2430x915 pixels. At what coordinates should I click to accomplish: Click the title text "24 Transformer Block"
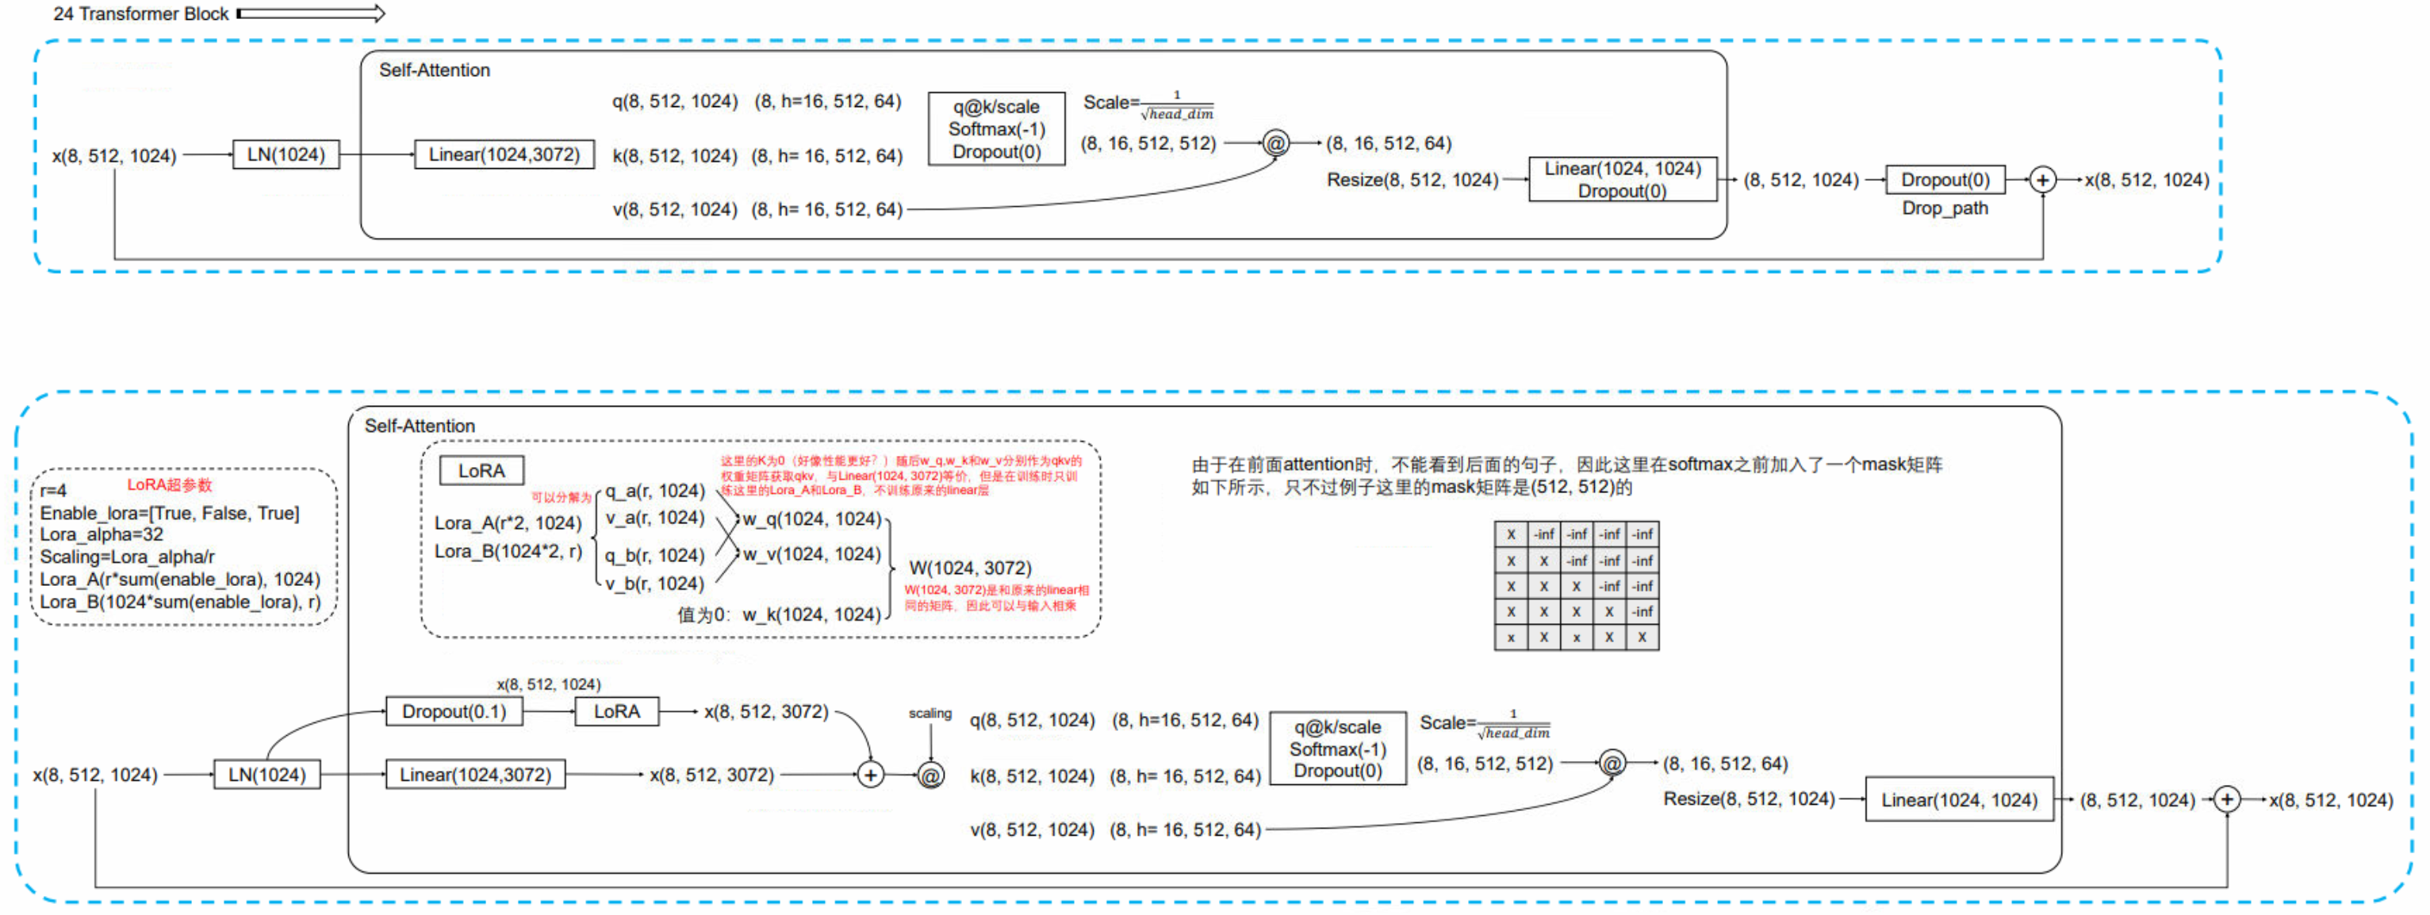point(140,14)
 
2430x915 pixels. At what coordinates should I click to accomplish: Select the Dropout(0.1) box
point(454,711)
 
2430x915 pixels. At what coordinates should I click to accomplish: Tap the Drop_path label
point(1944,209)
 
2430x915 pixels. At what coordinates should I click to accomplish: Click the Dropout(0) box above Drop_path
point(1944,179)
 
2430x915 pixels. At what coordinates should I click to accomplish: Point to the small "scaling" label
point(929,713)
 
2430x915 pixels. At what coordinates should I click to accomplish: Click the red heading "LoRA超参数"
point(170,485)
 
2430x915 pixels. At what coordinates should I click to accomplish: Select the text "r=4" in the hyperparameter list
point(54,491)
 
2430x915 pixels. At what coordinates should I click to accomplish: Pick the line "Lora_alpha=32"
point(101,534)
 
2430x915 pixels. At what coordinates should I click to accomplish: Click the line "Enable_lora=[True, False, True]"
point(170,513)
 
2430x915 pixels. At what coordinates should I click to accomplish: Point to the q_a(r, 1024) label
point(654,491)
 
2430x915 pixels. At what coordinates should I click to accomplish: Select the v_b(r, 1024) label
point(654,584)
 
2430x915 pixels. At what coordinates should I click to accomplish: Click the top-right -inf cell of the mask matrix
point(1642,534)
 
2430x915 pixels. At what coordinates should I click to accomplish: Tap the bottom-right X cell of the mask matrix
point(1642,637)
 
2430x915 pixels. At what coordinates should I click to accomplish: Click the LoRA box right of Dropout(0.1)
point(616,711)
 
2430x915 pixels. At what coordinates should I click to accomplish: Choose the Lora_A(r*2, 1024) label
point(508,523)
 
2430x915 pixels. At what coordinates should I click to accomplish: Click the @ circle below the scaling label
point(930,775)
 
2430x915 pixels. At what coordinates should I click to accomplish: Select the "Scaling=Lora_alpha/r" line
point(128,557)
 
